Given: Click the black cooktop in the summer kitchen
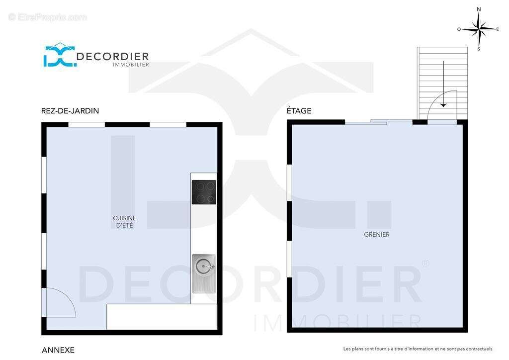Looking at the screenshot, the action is pyautogui.click(x=204, y=192).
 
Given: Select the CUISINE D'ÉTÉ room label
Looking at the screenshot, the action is pyautogui.click(x=124, y=222).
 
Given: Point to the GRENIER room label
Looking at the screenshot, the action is pyautogui.click(x=377, y=234).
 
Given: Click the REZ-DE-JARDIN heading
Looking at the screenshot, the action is pyautogui.click(x=70, y=111).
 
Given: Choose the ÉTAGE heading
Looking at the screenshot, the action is pyautogui.click(x=299, y=111).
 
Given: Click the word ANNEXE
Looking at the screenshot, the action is pyautogui.click(x=58, y=350).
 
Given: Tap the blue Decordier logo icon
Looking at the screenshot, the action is pyautogui.click(x=60, y=55).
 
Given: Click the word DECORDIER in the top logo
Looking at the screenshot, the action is pyautogui.click(x=112, y=57).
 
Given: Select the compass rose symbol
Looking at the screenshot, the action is pyautogui.click(x=479, y=29).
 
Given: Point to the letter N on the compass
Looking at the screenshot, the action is pyautogui.click(x=479, y=9).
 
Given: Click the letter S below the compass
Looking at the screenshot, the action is pyautogui.click(x=479, y=49).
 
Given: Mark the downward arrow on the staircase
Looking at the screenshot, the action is pyautogui.click(x=443, y=84).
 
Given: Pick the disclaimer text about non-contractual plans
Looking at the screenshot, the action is pyautogui.click(x=418, y=349).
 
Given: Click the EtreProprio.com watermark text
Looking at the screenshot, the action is pyautogui.click(x=48, y=17).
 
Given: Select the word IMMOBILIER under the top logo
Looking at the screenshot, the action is pyautogui.click(x=131, y=65).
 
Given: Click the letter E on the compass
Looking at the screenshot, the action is pyautogui.click(x=497, y=29).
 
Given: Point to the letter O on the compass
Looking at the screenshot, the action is pyautogui.click(x=459, y=29).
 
